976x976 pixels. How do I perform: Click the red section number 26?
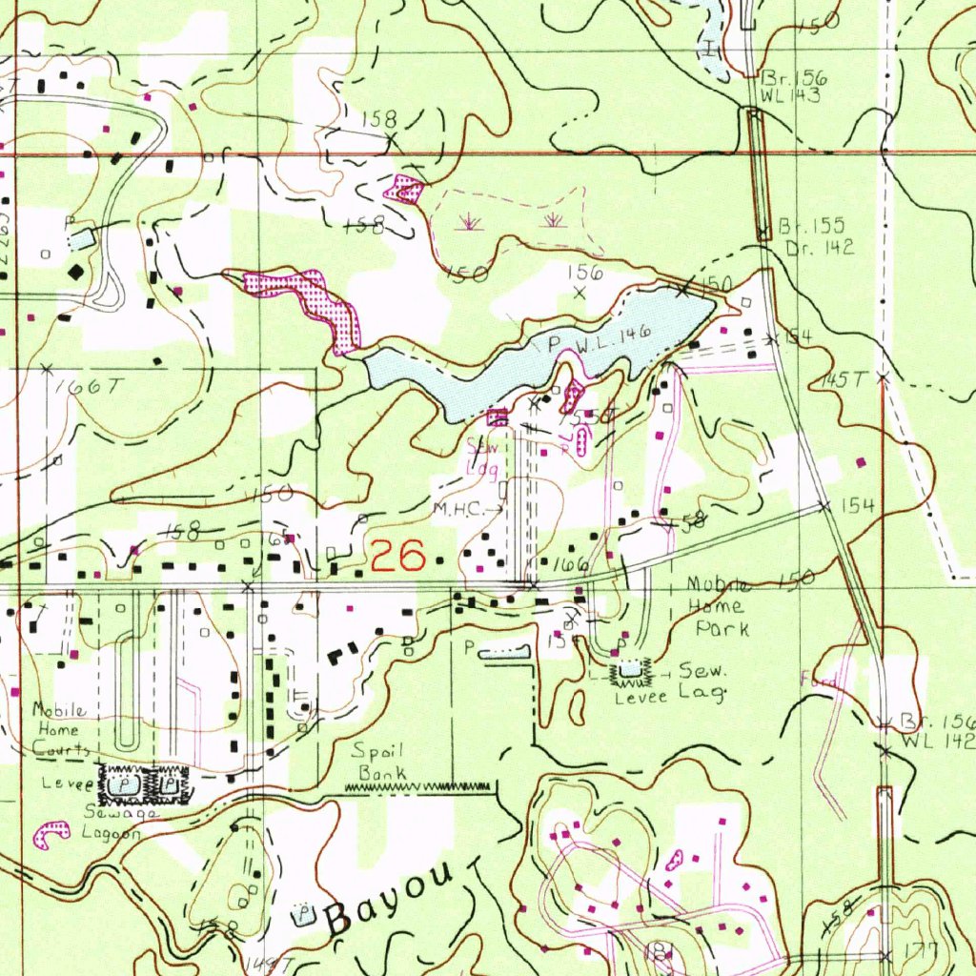[397, 555]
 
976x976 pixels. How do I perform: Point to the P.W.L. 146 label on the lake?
[600, 338]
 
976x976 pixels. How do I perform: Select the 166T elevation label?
[89, 387]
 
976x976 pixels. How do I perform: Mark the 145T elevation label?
[840, 379]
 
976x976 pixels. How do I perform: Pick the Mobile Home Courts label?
[60, 729]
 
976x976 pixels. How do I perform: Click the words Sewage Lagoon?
[112, 823]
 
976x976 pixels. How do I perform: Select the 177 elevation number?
[922, 950]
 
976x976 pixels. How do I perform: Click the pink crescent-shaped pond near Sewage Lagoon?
[51, 834]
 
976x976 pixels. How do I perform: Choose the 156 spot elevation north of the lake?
[585, 273]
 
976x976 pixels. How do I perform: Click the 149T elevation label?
[271, 966]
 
